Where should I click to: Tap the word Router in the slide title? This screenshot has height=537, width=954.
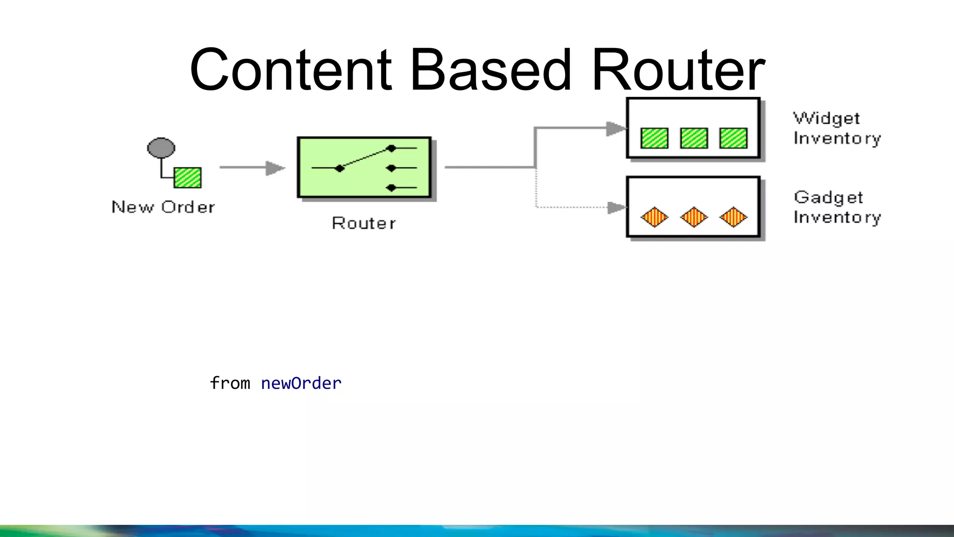click(x=678, y=70)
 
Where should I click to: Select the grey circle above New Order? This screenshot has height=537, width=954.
click(x=161, y=148)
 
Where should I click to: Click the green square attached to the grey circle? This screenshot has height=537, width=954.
click(x=188, y=178)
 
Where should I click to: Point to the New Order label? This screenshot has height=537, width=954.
click(x=164, y=207)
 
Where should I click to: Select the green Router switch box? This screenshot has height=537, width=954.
click(x=364, y=167)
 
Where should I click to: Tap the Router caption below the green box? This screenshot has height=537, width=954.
click(x=364, y=223)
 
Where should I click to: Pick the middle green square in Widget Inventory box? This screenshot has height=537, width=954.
click(x=694, y=138)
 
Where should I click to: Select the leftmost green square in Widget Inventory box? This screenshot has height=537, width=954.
click(x=654, y=138)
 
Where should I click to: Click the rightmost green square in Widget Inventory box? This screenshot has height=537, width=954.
click(x=733, y=138)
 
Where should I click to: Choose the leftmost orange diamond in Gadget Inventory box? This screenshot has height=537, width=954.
click(x=654, y=217)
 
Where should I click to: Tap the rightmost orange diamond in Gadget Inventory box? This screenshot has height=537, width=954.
click(x=733, y=217)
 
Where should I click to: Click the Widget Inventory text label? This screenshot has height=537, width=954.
click(x=837, y=128)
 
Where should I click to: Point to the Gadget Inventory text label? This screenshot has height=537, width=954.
click(x=837, y=207)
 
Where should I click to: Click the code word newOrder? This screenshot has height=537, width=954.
click(x=301, y=383)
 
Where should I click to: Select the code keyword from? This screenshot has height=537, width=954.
click(x=230, y=383)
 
